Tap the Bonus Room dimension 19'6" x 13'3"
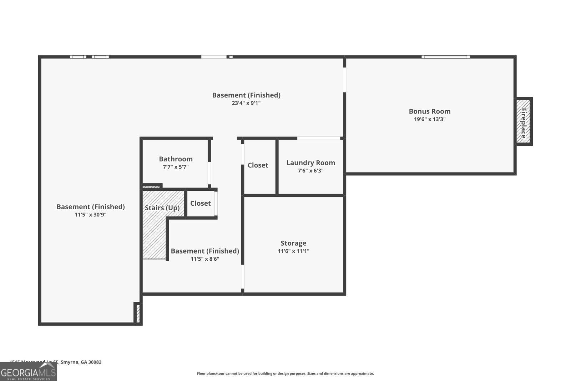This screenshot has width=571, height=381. click(430, 119)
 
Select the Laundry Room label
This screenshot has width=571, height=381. click(310, 163)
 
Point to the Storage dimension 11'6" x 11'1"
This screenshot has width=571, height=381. click(293, 251)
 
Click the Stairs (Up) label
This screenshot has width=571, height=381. click(162, 208)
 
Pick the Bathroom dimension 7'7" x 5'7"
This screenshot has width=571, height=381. click(176, 167)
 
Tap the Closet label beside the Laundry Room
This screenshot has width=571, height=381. click(258, 165)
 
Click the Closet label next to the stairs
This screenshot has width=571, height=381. click(200, 203)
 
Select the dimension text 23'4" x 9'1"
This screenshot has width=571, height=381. click(246, 103)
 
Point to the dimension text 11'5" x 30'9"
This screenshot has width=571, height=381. click(91, 215)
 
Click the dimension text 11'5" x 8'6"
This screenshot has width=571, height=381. click(205, 259)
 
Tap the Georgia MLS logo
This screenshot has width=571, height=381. click(29, 372)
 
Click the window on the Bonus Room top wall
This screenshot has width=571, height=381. click(445, 57)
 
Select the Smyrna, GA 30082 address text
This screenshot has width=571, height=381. click(81, 362)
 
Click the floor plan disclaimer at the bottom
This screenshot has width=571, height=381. click(285, 374)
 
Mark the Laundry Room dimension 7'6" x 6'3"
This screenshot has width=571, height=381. click(310, 171)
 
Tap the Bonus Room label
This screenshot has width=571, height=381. click(430, 111)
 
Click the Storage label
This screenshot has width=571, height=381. click(293, 243)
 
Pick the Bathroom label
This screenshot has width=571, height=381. click(176, 159)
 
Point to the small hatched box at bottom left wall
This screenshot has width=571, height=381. click(138, 313)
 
